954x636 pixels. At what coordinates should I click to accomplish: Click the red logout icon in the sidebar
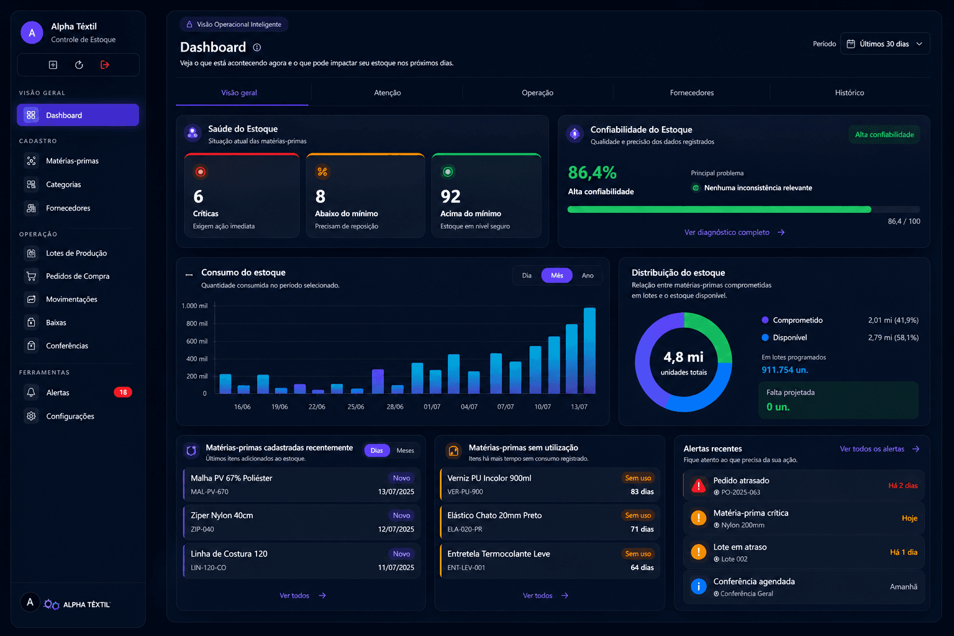105,65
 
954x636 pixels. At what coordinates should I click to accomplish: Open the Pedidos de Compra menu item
78,276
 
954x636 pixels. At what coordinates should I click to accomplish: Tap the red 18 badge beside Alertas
122,393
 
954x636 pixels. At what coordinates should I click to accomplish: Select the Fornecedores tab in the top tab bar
692,93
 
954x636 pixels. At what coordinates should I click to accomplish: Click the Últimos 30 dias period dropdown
885,44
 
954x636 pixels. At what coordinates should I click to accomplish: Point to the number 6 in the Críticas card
198,196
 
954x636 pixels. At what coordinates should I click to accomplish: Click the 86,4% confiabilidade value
592,173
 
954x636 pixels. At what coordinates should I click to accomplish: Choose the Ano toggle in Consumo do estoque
588,276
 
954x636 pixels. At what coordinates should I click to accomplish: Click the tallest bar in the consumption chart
589,350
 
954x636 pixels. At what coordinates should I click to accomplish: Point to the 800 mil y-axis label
197,324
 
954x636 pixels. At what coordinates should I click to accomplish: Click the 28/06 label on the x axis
395,407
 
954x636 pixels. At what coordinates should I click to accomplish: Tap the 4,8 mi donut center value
684,357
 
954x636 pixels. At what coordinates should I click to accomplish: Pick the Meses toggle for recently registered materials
405,451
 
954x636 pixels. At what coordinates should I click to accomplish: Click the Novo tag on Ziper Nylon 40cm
401,516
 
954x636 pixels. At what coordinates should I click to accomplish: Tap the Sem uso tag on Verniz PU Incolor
638,478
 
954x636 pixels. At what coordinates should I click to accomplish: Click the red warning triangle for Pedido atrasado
699,486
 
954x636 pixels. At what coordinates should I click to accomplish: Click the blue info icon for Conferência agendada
699,586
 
